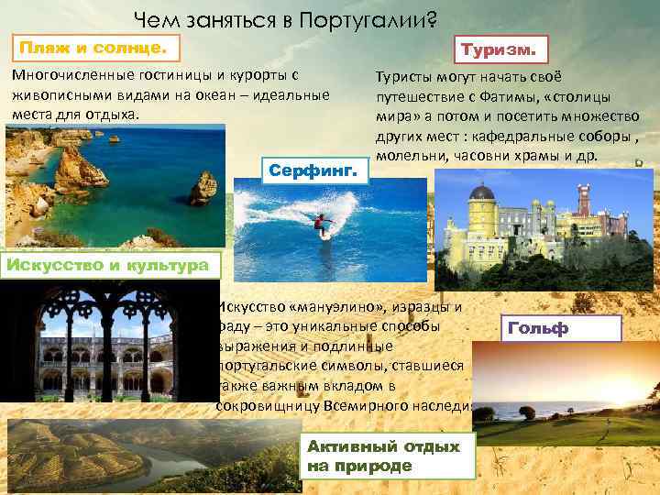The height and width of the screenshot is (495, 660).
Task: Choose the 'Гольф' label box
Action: tap(562, 328)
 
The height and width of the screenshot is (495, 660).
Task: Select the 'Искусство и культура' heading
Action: tap(109, 266)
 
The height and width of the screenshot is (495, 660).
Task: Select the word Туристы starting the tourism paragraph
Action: tap(402, 79)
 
